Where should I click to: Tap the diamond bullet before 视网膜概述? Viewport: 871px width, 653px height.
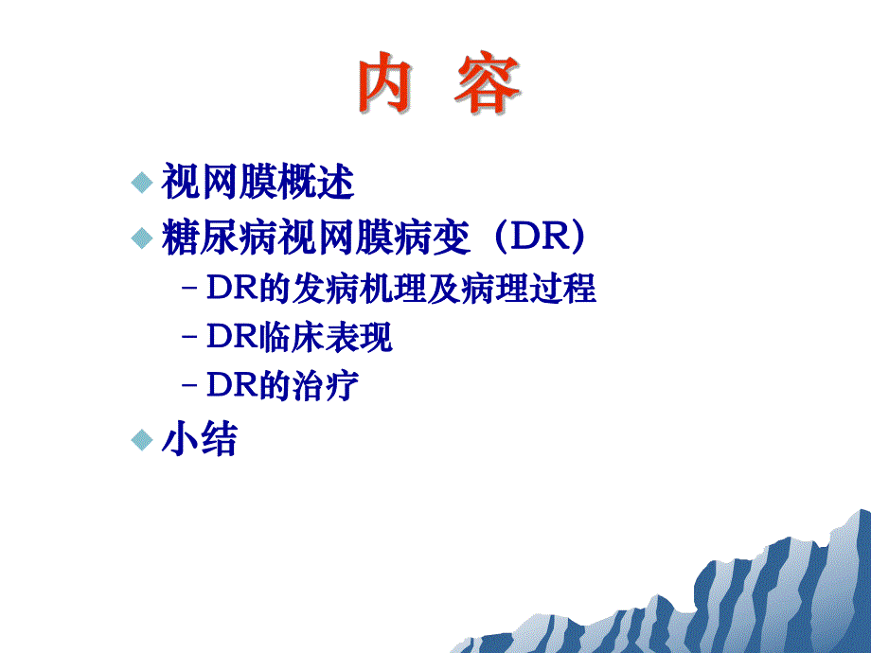point(141,183)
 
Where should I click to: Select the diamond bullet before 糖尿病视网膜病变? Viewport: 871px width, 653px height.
point(141,238)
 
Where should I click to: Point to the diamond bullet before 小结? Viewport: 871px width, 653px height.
point(141,439)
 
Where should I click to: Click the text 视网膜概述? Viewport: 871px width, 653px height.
point(258,183)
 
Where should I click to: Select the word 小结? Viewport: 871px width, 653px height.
point(199,440)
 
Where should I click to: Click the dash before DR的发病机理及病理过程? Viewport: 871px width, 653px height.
point(189,290)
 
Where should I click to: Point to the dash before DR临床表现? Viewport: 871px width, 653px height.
point(189,338)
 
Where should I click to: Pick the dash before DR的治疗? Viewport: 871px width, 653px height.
point(189,386)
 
